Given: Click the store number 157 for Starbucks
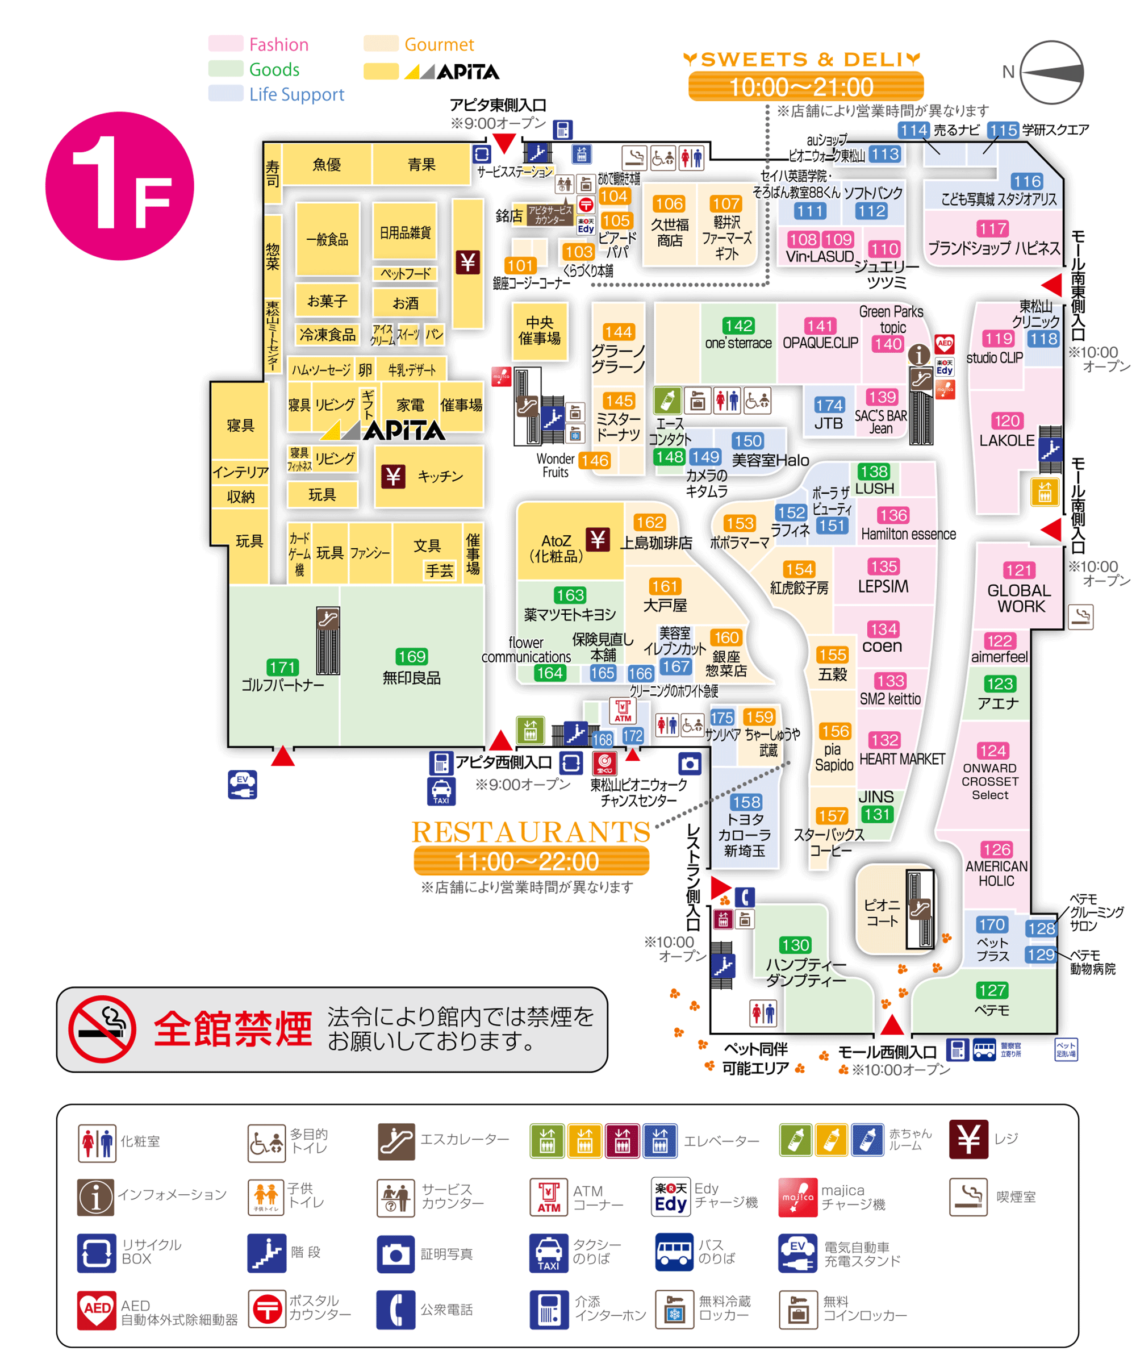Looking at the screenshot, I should (832, 815).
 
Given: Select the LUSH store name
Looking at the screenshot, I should (875, 489).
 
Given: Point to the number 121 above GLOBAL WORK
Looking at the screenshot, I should (1019, 570).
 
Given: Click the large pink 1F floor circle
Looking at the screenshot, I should (120, 186).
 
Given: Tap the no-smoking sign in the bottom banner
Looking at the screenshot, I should (102, 1029).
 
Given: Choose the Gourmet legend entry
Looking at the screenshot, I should (438, 45).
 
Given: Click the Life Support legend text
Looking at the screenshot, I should (296, 94).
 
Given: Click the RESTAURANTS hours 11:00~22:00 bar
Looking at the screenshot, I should (531, 861).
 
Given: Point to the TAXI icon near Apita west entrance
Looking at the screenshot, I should (441, 791).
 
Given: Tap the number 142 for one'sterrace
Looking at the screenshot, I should (738, 326).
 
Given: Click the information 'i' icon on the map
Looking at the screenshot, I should (918, 354).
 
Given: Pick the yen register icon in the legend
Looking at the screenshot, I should (968, 1139).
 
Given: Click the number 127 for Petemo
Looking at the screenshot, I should (992, 990).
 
